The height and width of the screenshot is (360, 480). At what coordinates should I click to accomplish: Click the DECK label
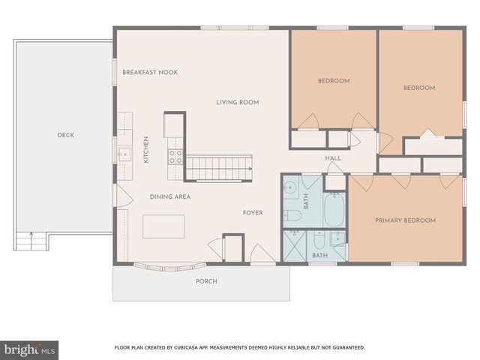pos(65,136)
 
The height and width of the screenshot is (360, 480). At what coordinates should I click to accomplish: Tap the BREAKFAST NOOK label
pos(150,72)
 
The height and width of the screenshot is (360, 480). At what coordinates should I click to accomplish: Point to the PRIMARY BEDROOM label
pos(405,220)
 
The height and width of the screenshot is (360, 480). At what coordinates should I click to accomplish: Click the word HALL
pos(333,158)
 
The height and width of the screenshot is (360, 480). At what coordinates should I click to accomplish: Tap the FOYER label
pos(252,213)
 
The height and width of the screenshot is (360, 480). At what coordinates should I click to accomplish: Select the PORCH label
pos(206,281)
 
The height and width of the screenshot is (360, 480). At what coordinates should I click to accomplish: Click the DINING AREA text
pos(170,197)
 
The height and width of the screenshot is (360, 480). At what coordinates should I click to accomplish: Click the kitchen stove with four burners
pos(175,156)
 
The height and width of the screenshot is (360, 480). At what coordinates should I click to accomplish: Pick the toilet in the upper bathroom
pos(295,216)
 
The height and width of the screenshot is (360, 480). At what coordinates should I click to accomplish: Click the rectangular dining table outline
pos(164,226)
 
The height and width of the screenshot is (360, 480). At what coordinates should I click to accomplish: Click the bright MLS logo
pos(29,349)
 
